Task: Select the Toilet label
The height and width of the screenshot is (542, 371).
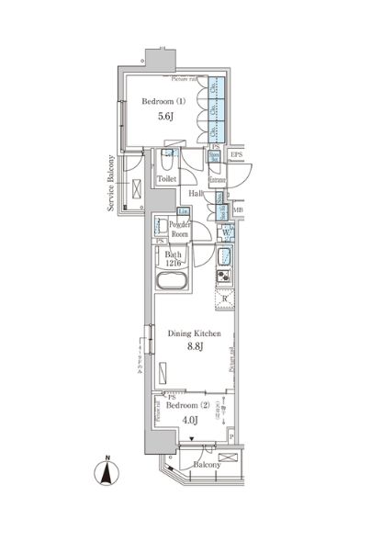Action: click(166, 180)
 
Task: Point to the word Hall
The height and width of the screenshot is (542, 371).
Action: click(196, 194)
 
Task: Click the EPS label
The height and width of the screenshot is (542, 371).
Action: click(236, 155)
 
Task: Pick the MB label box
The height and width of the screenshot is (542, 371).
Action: click(238, 210)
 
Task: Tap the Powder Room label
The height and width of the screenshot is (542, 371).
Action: click(178, 230)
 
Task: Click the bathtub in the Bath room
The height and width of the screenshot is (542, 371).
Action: click(172, 281)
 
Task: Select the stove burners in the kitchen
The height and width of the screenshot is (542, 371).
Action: click(223, 276)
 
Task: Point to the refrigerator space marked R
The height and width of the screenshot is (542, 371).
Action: click(224, 299)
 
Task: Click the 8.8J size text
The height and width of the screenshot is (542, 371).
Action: click(191, 349)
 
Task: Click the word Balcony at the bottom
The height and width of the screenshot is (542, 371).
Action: click(206, 465)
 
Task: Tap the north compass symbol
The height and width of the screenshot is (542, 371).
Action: click(107, 474)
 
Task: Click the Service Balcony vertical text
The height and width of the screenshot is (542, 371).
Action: click(111, 184)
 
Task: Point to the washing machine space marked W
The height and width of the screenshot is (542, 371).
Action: click(226, 231)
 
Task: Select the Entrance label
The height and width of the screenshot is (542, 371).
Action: click(218, 181)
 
